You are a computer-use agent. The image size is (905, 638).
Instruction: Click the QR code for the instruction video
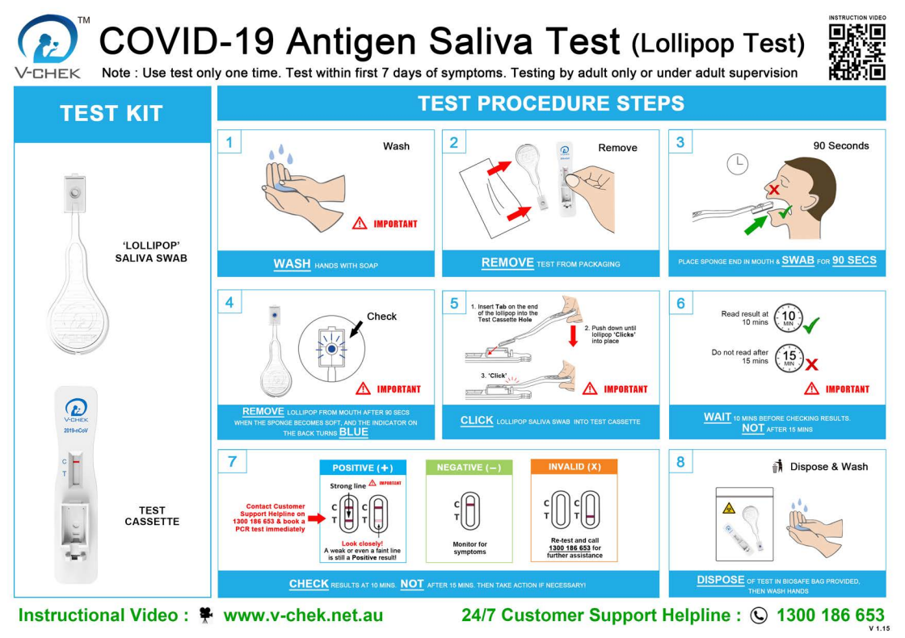(x=857, y=51)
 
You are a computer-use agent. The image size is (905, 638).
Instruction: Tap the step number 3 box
(x=680, y=143)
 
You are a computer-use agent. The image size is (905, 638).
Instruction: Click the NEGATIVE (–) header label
(x=469, y=468)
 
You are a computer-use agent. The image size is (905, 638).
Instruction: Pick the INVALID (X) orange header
(x=574, y=467)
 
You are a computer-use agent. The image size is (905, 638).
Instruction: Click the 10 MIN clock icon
(x=789, y=317)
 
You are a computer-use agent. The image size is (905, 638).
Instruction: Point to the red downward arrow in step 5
(x=574, y=334)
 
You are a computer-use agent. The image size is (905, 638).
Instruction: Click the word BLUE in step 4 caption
(x=353, y=432)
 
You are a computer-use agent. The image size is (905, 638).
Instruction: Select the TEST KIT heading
(x=112, y=114)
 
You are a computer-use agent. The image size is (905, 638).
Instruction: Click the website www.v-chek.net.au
(x=303, y=615)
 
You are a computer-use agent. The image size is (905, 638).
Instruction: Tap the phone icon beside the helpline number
(x=759, y=615)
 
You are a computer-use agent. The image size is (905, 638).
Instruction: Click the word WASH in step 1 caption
(x=292, y=264)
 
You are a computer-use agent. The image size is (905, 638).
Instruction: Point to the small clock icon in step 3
(x=737, y=164)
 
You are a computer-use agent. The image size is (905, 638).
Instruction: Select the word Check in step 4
(x=381, y=316)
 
